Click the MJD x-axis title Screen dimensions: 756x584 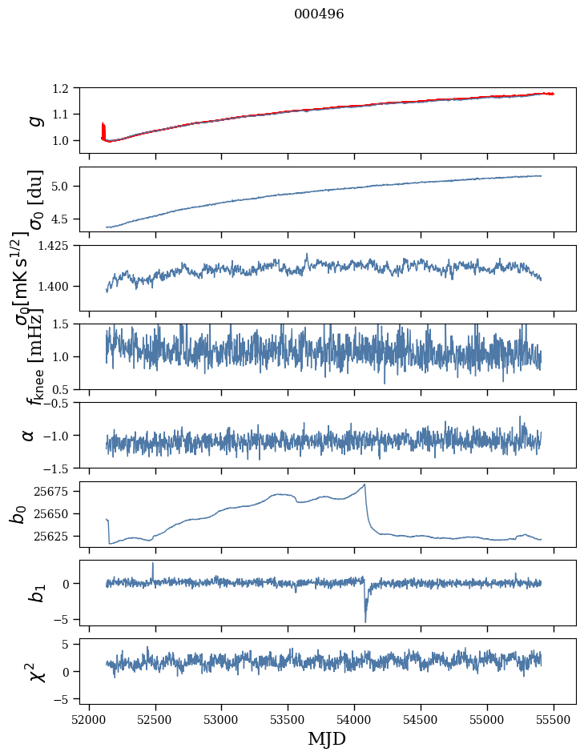click(x=327, y=738)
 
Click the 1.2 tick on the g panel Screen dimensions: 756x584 click(x=68, y=88)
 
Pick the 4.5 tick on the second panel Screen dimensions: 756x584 click(x=68, y=219)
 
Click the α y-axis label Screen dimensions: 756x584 click(x=28, y=435)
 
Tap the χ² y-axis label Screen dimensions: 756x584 click(x=36, y=671)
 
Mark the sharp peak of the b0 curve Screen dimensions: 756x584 click(x=365, y=485)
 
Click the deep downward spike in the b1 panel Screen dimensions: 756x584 click(x=366, y=621)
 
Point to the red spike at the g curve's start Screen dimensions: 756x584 click(x=103, y=128)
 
